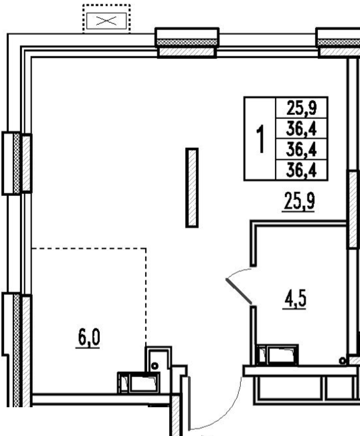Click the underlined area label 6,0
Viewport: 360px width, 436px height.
tap(88, 338)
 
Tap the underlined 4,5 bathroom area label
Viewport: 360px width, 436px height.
tap(295, 299)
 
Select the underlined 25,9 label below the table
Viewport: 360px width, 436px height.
tap(299, 201)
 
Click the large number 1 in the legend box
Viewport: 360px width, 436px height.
tap(260, 138)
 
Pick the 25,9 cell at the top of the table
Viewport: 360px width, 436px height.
tap(302, 108)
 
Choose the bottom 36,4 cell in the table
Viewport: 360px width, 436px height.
tap(302, 170)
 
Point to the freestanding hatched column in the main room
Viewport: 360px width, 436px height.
tap(192, 188)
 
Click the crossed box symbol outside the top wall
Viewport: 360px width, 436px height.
tap(106, 21)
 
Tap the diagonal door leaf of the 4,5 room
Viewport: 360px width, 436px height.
tap(239, 291)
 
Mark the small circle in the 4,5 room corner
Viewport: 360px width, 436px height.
tap(343, 361)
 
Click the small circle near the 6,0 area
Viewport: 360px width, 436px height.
tap(155, 366)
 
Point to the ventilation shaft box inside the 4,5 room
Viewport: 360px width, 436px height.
tap(277, 355)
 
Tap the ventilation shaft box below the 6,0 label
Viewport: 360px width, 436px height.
tap(139, 383)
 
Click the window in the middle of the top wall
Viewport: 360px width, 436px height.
tap(187, 43)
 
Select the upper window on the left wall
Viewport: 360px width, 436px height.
tap(17, 163)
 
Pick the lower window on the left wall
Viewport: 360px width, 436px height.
tap(17, 350)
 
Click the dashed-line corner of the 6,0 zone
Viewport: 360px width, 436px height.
tap(146, 248)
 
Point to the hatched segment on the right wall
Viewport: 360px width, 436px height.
tap(353, 209)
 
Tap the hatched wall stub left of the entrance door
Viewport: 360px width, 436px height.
tap(175, 415)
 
